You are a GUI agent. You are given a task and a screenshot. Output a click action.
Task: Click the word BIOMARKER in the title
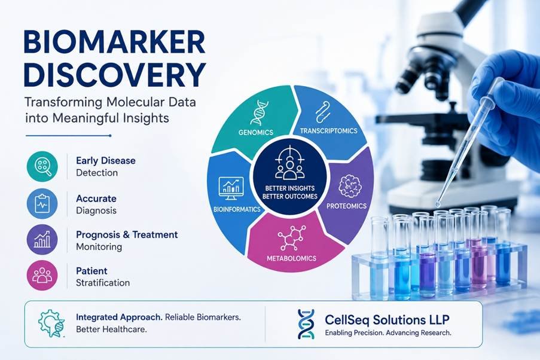coord(114,42)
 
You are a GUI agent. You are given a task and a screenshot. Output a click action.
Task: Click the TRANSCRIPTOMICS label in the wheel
coord(328,131)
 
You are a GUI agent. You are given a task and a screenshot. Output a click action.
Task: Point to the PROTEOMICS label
coord(346,206)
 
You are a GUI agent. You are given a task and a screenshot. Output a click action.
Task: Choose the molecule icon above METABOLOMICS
coord(292,238)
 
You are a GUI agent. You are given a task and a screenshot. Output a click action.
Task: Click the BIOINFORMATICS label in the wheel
coord(237,209)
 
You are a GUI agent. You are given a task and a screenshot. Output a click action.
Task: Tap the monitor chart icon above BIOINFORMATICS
coord(231,188)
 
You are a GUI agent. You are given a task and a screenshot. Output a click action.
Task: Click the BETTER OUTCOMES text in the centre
coord(289,196)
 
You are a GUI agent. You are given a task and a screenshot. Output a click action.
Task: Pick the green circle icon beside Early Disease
coord(42,166)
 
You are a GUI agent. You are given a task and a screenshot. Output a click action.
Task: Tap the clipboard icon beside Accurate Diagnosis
coord(42,203)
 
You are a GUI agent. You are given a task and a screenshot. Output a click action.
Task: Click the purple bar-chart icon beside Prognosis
coord(42,239)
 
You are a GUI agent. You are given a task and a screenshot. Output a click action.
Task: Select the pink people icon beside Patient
coord(42,275)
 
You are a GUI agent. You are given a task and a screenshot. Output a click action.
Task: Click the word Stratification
coord(103,283)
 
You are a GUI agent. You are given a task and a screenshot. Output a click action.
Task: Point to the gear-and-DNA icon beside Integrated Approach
coord(51,323)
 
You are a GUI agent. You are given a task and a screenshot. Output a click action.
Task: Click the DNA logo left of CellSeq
coord(306,324)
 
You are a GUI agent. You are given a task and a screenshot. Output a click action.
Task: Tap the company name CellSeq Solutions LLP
coord(387,320)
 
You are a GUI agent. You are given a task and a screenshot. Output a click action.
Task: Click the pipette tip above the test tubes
coord(438,205)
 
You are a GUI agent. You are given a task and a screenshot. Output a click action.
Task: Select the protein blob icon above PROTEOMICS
coord(350,187)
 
